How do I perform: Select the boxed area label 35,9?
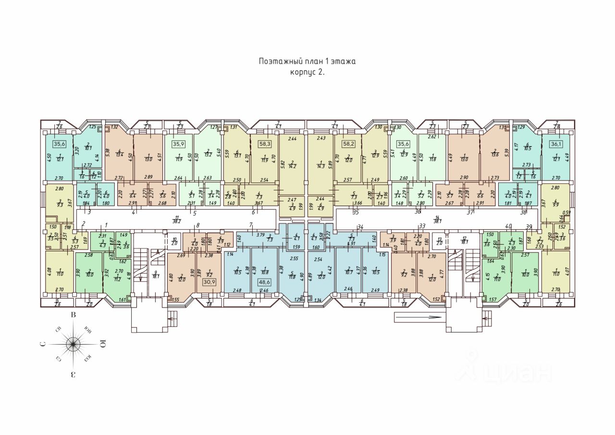click(179, 143)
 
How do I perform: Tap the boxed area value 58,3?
click(263, 143)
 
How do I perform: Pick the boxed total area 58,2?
click(348, 143)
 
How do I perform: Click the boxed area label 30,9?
click(209, 282)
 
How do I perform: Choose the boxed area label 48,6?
click(265, 283)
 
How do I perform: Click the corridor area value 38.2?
click(177, 221)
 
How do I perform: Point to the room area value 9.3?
click(59, 204)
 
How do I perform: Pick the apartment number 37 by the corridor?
click(470, 211)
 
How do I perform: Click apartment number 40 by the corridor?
click(508, 226)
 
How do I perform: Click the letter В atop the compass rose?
click(74, 315)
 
